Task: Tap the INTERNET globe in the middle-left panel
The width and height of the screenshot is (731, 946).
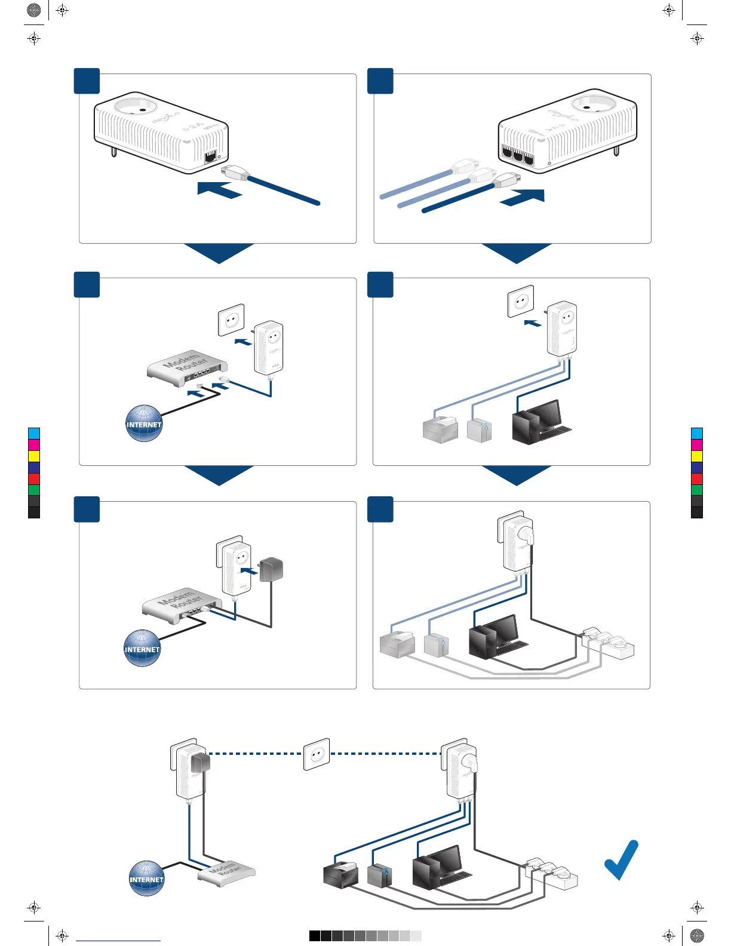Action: tap(144, 423)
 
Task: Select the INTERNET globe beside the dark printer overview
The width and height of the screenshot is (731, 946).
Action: tap(146, 878)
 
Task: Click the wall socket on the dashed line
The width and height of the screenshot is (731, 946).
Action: tap(317, 754)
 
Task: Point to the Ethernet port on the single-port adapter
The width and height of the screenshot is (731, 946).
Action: tap(210, 157)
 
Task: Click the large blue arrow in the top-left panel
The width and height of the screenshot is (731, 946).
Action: tap(219, 189)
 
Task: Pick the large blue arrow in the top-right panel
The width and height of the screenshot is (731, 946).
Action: tap(523, 197)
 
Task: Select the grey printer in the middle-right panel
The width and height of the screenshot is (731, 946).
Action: tap(440, 429)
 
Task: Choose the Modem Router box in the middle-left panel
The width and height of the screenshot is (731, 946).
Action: tap(187, 365)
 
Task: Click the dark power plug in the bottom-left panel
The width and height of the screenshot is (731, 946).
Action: tap(271, 569)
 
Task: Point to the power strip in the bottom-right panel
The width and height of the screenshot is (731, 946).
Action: tap(609, 644)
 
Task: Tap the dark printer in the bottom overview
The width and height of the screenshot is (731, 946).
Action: tap(340, 874)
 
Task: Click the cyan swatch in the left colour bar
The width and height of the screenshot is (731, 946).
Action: tap(34, 433)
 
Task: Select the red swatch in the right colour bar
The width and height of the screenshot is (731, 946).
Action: tap(696, 478)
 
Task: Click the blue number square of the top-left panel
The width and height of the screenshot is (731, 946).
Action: tap(87, 81)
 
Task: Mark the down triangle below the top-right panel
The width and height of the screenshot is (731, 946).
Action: tap(517, 252)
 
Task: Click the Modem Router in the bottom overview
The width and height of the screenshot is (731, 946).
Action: tap(226, 873)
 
